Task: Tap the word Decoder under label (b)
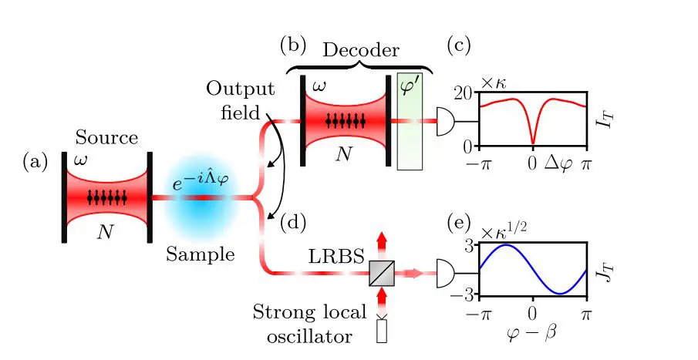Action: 360,51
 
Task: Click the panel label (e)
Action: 462,224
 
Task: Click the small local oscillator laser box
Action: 380,331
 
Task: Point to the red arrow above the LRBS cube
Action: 380,241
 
